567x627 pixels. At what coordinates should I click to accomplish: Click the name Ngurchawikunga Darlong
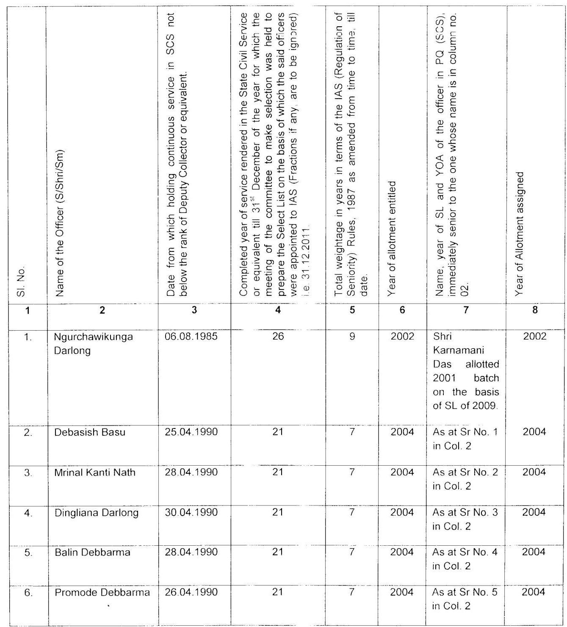[93, 343]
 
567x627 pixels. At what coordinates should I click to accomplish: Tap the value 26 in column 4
[278, 337]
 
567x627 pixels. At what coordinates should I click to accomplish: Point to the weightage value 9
[352, 337]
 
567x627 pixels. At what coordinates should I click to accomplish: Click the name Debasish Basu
[90, 432]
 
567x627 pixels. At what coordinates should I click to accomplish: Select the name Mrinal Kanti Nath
[95, 472]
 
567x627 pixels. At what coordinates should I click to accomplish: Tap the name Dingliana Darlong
[97, 512]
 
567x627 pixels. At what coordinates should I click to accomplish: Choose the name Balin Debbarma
[92, 552]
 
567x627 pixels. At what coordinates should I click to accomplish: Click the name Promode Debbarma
[102, 592]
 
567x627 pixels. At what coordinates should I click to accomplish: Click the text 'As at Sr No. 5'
[465, 592]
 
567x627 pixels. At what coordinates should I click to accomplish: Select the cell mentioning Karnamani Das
[465, 371]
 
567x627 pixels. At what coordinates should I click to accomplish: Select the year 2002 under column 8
[535, 337]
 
